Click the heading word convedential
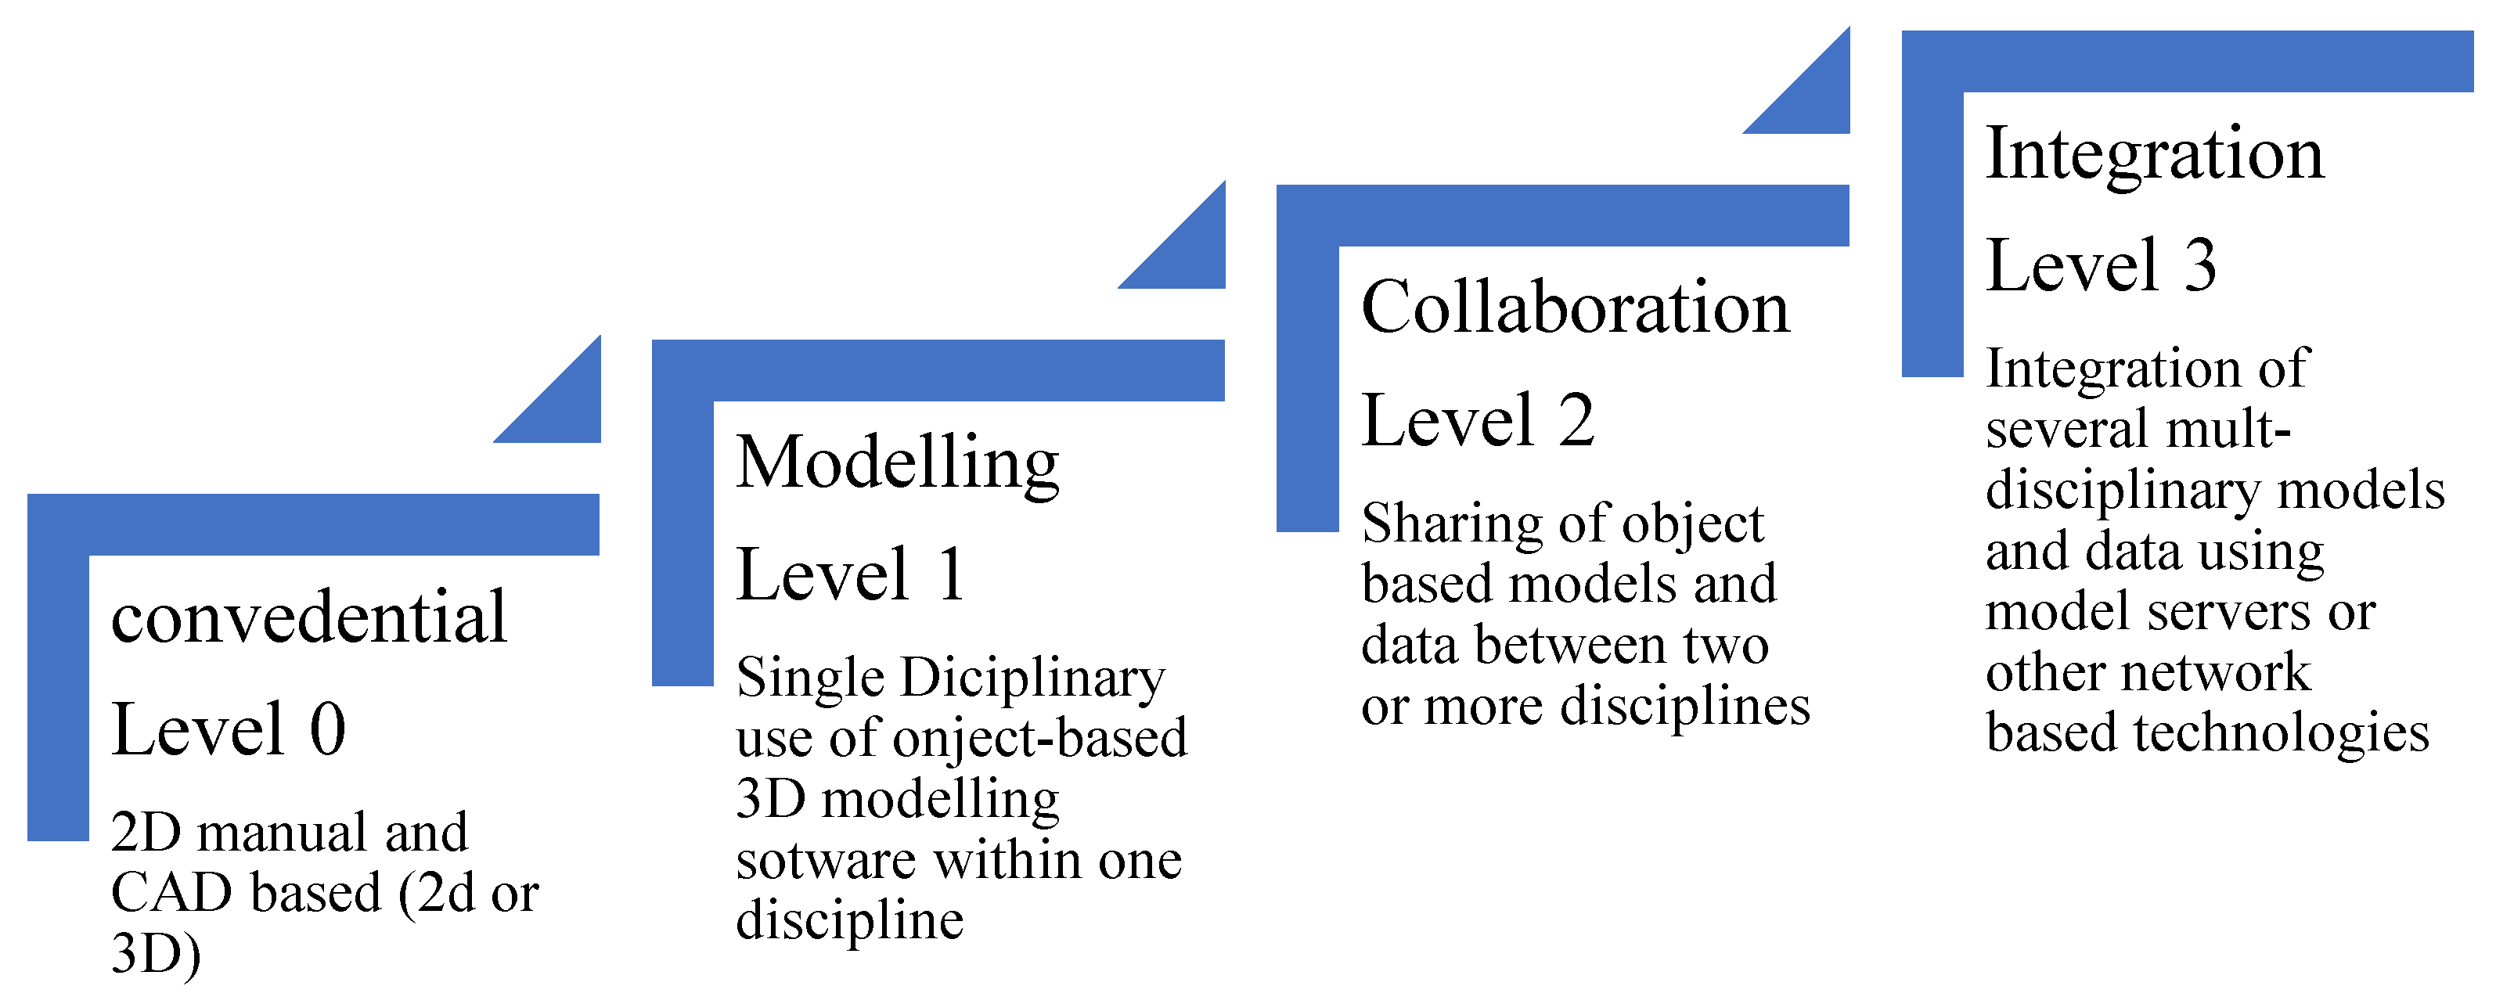click(x=308, y=617)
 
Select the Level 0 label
click(x=229, y=730)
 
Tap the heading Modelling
click(x=897, y=462)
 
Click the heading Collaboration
click(x=1576, y=308)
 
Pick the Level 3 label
click(x=2101, y=265)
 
